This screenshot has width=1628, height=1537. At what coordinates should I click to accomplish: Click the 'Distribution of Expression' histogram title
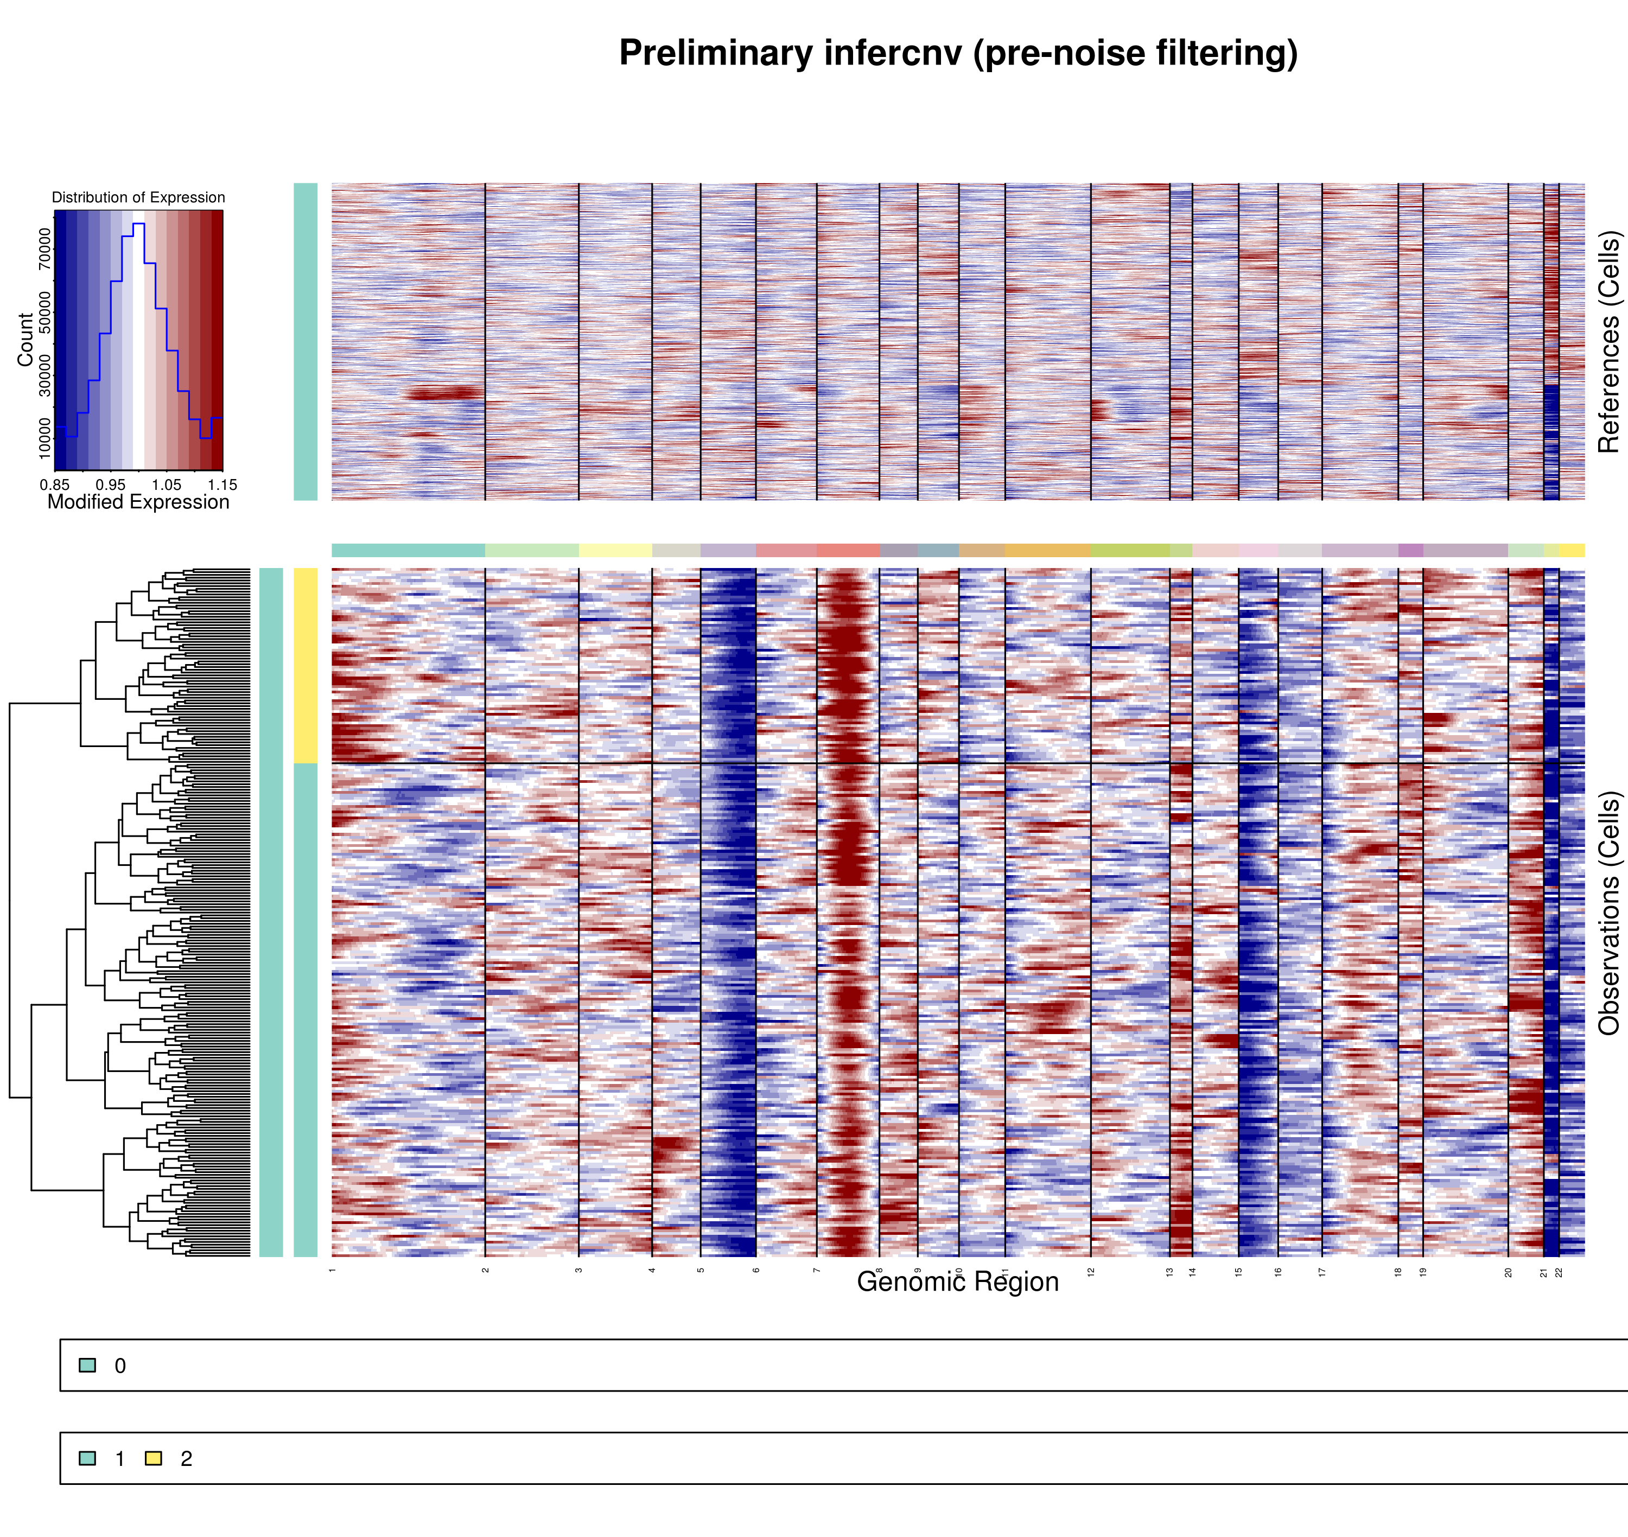pyautogui.click(x=138, y=197)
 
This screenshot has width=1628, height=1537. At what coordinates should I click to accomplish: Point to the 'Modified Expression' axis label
pyautogui.click(x=138, y=502)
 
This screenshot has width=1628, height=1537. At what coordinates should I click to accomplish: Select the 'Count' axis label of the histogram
pyautogui.click(x=26, y=339)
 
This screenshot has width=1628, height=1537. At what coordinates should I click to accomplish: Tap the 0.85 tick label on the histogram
pyautogui.click(x=54, y=485)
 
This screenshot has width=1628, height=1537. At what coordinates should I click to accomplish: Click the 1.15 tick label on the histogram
pyautogui.click(x=222, y=485)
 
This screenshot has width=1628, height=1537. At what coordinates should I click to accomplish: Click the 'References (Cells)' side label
pyautogui.click(x=1608, y=342)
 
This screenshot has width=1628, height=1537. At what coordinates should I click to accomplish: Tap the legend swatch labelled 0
pyautogui.click(x=87, y=1365)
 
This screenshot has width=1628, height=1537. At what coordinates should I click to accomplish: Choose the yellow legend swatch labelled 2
pyautogui.click(x=153, y=1458)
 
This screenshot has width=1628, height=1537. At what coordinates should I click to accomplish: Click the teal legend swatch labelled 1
pyautogui.click(x=87, y=1458)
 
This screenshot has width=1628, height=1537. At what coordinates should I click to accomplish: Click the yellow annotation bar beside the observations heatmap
pyautogui.click(x=305, y=665)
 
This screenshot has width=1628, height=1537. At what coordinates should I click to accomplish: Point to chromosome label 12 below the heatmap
pyautogui.click(x=1091, y=1272)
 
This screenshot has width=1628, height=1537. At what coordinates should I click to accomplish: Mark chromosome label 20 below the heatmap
pyautogui.click(x=1508, y=1272)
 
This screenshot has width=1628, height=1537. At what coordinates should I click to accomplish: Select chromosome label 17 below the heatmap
pyautogui.click(x=1321, y=1272)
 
